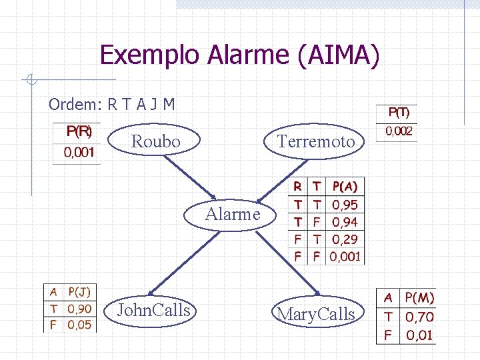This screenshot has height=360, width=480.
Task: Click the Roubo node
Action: (155, 141)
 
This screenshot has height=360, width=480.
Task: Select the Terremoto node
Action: (315, 141)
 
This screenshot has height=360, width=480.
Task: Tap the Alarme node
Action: (233, 214)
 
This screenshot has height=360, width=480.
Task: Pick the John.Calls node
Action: (153, 310)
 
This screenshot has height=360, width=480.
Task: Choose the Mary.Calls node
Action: (316, 314)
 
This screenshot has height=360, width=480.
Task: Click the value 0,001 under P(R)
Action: (79, 153)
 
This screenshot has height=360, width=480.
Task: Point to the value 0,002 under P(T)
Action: (399, 131)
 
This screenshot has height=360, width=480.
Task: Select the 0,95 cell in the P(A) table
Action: (345, 205)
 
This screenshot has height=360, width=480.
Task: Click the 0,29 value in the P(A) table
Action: (345, 239)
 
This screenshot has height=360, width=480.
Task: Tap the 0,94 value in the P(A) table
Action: (345, 222)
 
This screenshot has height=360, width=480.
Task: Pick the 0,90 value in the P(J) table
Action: (79, 309)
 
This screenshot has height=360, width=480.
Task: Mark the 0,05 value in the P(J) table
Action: (79, 325)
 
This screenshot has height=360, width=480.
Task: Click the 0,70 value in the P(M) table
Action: (419, 317)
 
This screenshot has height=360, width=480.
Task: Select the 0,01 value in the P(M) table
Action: (419, 335)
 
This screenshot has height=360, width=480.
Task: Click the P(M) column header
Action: (419, 298)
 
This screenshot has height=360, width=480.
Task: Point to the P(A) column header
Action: (344, 187)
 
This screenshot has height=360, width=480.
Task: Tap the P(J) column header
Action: (79, 292)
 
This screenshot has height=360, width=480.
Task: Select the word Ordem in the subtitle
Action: (72, 105)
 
